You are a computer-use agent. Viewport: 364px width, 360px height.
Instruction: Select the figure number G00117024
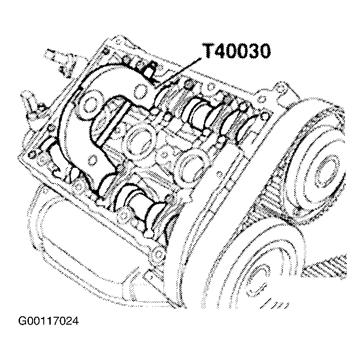coord(48,321)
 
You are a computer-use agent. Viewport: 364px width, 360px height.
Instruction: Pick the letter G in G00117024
coord(22,321)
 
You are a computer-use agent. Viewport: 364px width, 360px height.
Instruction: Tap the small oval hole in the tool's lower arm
coord(93,160)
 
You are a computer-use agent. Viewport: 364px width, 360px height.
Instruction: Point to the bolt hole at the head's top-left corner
coord(107,50)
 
